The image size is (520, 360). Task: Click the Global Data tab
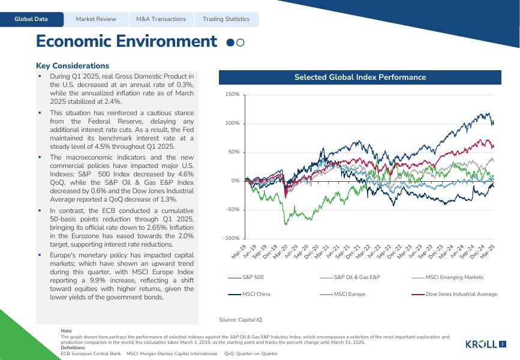[32, 19]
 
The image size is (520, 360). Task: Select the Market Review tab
[96, 19]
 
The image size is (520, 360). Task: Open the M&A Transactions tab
[161, 19]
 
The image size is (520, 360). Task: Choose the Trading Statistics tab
[226, 19]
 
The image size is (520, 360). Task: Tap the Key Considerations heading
[73, 66]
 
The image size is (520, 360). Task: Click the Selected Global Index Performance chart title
[360, 77]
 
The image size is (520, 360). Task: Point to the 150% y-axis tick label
[232, 95]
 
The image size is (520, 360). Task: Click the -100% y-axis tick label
[232, 239]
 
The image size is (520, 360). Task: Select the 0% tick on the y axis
[235, 181]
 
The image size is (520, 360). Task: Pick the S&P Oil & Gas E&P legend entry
[356, 277]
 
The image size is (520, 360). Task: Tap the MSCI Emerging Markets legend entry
[454, 277]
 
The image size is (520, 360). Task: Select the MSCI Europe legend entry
[349, 294]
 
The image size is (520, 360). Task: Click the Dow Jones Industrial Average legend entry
[461, 294]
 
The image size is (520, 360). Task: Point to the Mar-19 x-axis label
[239, 252]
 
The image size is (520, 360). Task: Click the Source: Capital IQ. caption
[241, 320]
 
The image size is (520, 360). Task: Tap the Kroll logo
[481, 344]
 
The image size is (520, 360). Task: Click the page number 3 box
[503, 344]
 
